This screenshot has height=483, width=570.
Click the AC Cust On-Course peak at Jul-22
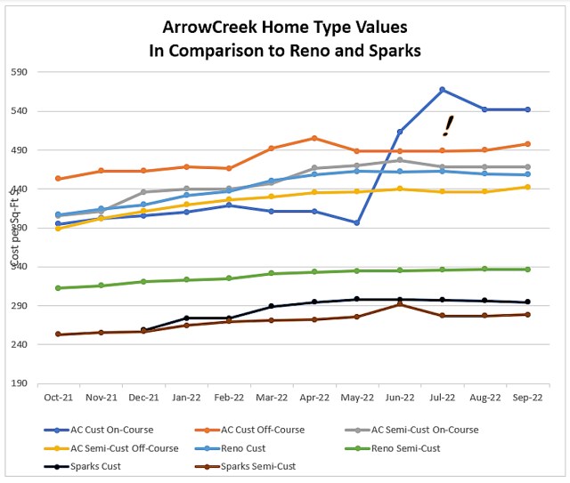point(442,90)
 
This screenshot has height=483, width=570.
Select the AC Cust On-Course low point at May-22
point(356,222)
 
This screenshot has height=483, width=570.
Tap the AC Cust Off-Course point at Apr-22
point(314,138)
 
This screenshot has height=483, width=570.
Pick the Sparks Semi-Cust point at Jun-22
point(400,304)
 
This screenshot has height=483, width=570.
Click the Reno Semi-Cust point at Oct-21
point(58,287)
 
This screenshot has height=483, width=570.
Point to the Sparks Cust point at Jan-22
point(186,318)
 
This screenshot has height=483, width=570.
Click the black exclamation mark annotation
point(449,125)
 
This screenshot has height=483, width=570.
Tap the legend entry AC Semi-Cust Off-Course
point(116,447)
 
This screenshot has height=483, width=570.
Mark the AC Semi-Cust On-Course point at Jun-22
point(400,160)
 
